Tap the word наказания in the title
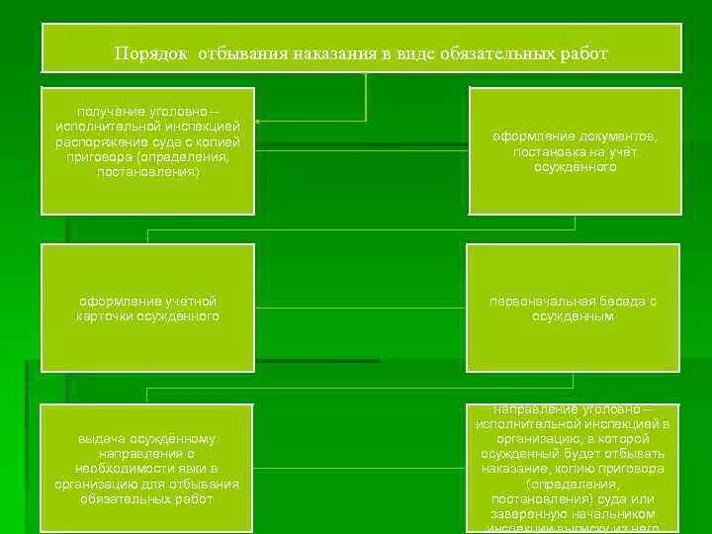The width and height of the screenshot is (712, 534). pyautogui.click(x=333, y=52)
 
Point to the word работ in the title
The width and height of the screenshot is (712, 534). pyautogui.click(x=583, y=52)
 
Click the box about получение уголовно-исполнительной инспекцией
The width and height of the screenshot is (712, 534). pyautogui.click(x=147, y=148)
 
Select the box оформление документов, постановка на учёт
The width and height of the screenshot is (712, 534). pyautogui.click(x=575, y=151)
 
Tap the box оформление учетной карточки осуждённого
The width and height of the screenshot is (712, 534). pyautogui.click(x=147, y=308)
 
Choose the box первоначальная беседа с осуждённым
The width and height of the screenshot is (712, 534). pyautogui.click(x=575, y=308)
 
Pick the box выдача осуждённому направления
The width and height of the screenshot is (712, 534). pyautogui.click(x=147, y=469)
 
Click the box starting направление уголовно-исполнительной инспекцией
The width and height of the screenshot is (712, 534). pyautogui.click(x=575, y=469)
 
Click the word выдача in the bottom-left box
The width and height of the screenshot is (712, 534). pyautogui.click(x=102, y=437)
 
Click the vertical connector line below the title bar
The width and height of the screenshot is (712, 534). pyautogui.click(x=366, y=95)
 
